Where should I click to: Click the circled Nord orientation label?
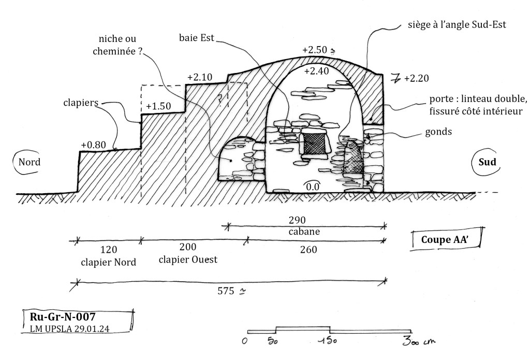tap(29, 162)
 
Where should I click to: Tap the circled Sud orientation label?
tap(487, 162)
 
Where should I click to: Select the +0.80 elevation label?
tap(93, 145)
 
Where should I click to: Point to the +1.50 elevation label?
tap(158, 106)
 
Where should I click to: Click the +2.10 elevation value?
tap(200, 77)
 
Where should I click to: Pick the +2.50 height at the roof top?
tap(315, 50)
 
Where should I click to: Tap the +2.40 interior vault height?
tap(316, 71)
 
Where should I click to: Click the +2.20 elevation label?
tap(417, 79)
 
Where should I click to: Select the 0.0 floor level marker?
tap(312, 186)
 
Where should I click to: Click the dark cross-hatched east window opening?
tap(314, 143)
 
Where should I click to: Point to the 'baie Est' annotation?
tap(196, 38)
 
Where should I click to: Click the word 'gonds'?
tap(438, 132)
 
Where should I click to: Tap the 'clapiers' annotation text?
tap(81, 103)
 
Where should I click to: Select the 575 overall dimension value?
tap(226, 291)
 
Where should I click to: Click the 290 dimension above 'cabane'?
tap(297, 220)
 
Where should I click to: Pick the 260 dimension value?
tap(308, 250)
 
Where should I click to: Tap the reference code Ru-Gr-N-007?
tap(63, 316)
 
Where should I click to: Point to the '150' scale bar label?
tap(328, 340)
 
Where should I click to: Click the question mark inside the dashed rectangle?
tap(220, 98)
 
